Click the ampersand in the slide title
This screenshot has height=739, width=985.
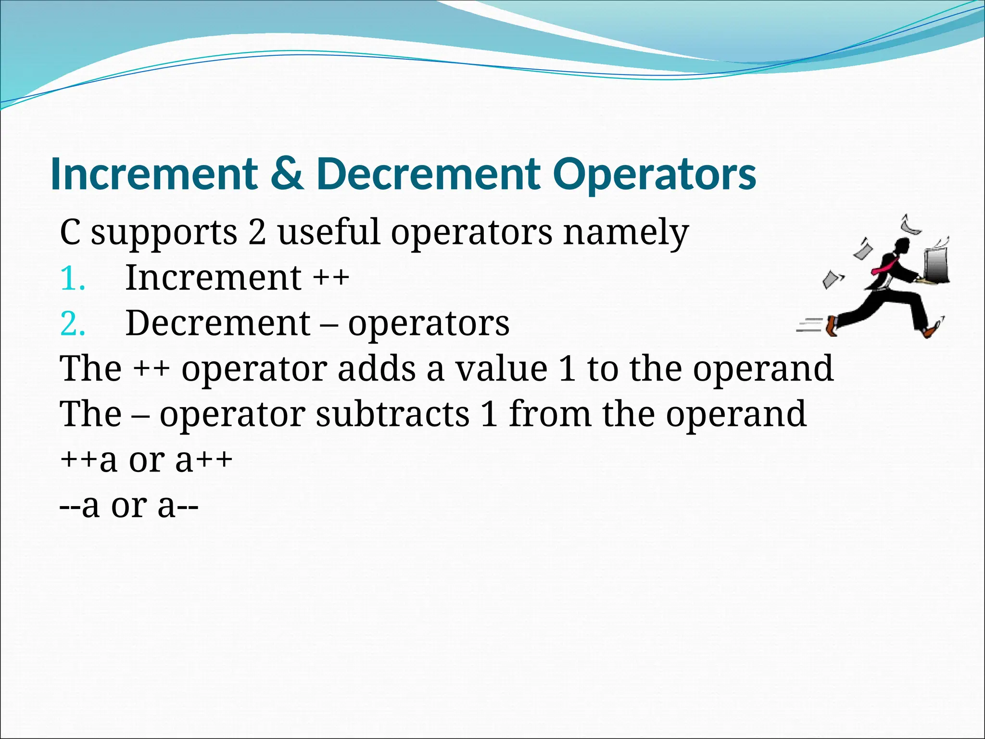(287, 174)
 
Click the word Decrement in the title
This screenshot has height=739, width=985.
(428, 174)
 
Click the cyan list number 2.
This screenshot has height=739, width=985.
(73, 324)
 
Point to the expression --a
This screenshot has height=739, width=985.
(79, 506)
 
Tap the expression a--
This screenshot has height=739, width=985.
(178, 506)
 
